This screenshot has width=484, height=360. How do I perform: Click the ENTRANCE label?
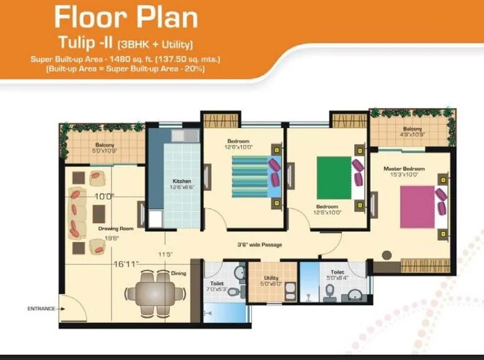coord(41,308)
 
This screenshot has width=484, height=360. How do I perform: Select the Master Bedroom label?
coord(404,169)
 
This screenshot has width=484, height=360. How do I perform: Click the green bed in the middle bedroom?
coord(334,177)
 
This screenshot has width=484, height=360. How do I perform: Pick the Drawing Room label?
coord(116,228)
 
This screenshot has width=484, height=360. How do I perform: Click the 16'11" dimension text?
coord(126,264)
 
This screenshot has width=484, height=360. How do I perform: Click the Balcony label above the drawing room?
coord(104,145)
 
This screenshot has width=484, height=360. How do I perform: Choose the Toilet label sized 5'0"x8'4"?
coord(338,273)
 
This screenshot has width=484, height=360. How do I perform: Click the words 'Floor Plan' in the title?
coord(126,18)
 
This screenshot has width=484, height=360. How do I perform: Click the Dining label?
coord(178,273)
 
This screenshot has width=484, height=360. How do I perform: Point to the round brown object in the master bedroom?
coord(387,255)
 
